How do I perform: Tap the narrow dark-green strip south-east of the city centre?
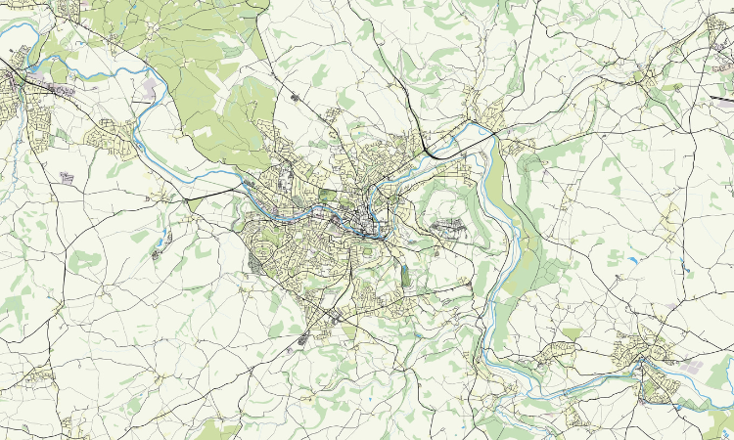pyautogui.click(x=406, y=276)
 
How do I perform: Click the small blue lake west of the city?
pyautogui.click(x=163, y=235)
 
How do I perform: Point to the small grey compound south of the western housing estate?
pyautogui.click(x=67, y=178)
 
